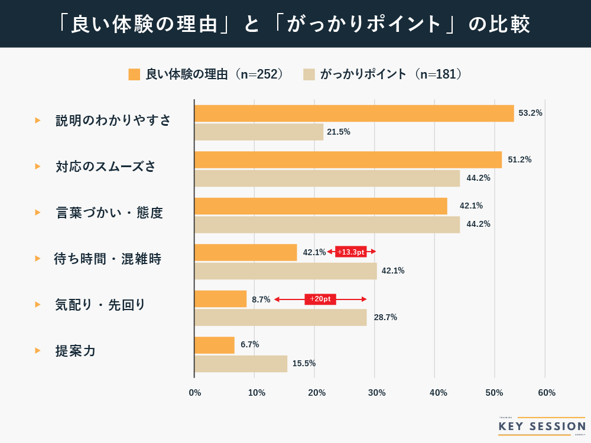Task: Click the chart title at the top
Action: tap(295, 24)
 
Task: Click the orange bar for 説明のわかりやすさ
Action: tap(354, 113)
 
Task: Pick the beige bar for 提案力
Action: tap(241, 364)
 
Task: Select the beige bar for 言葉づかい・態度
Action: tap(327, 224)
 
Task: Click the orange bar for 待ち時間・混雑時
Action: tap(245, 252)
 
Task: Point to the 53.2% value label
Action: tap(530, 113)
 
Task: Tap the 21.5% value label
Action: tap(339, 132)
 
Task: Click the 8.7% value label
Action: tap(261, 299)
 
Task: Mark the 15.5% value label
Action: tap(304, 364)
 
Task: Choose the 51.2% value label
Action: tap(519, 159)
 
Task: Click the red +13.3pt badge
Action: tap(351, 252)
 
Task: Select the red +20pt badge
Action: tap(320, 299)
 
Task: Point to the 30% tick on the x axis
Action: tap(376, 393)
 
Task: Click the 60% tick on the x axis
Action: tap(547, 393)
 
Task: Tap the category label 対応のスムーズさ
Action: tap(106, 167)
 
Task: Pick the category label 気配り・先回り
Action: tap(100, 305)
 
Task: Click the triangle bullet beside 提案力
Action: tap(38, 351)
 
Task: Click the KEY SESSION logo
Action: tap(541, 426)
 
